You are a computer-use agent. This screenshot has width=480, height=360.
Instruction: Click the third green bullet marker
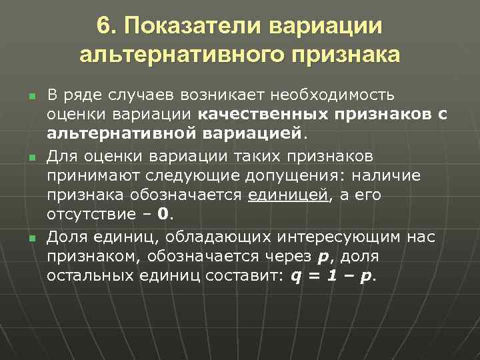pyautogui.click(x=31, y=237)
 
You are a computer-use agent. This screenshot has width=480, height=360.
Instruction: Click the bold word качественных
pyautogui.click(x=255, y=115)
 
